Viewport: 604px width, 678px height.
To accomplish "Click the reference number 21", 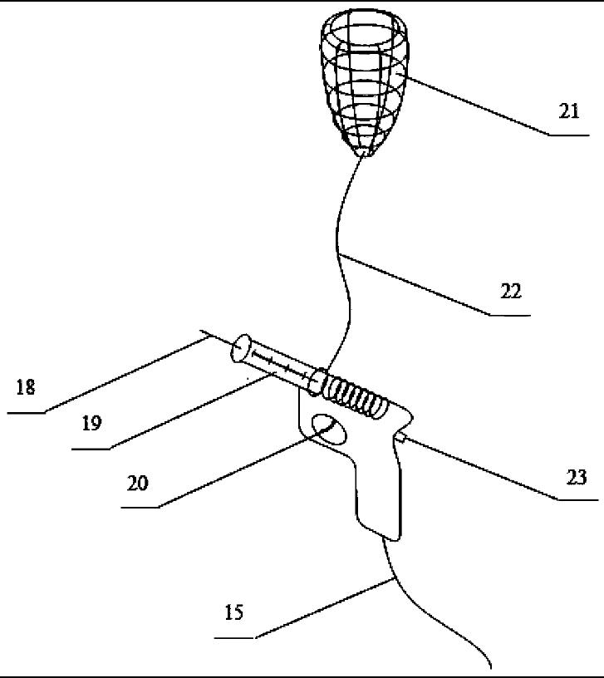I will point(568,111).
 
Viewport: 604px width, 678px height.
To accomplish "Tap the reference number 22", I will point(510,292).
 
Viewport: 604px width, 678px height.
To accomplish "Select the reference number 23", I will point(576,477).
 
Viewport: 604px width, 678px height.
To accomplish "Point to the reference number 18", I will point(26,387).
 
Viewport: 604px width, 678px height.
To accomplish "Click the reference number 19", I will point(91,423).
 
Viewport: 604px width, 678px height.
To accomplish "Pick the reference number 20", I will point(138,483).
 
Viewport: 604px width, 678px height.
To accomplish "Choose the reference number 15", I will point(234,613).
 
